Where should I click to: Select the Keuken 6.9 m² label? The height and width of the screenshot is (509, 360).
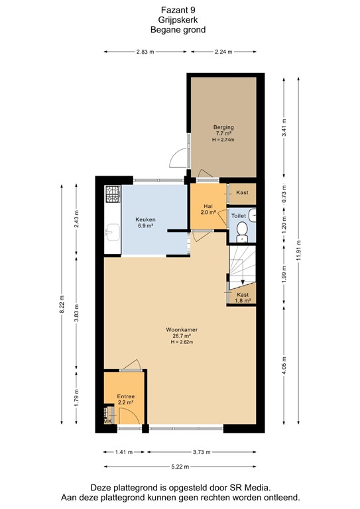click(145, 222)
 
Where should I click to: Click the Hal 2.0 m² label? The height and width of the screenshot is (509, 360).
click(208, 209)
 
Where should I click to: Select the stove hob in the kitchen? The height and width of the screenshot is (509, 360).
click(113, 194)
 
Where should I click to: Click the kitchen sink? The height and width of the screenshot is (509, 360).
click(112, 233)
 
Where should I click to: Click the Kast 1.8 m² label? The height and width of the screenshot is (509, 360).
click(243, 297)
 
